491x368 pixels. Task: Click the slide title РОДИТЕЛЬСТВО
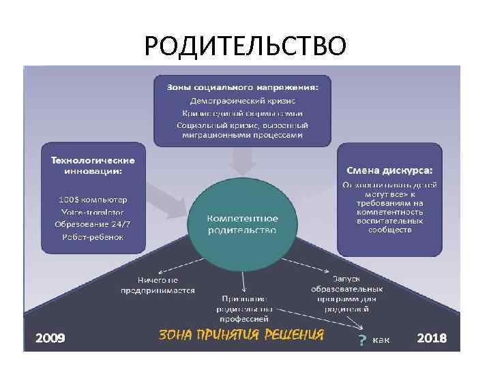(245, 46)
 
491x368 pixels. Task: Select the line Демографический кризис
(242, 100)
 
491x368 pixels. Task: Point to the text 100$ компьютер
(93, 200)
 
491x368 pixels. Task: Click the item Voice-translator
(93, 212)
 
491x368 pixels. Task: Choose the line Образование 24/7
(93, 224)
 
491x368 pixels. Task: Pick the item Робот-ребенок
(93, 237)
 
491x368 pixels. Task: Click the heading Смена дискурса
(389, 170)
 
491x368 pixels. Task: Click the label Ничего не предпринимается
(158, 285)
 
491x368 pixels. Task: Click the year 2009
(50, 337)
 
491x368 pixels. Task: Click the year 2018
(432, 337)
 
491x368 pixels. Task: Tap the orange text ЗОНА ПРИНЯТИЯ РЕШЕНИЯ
(241, 335)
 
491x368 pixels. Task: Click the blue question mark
(361, 339)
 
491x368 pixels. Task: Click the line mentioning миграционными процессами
(242, 135)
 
